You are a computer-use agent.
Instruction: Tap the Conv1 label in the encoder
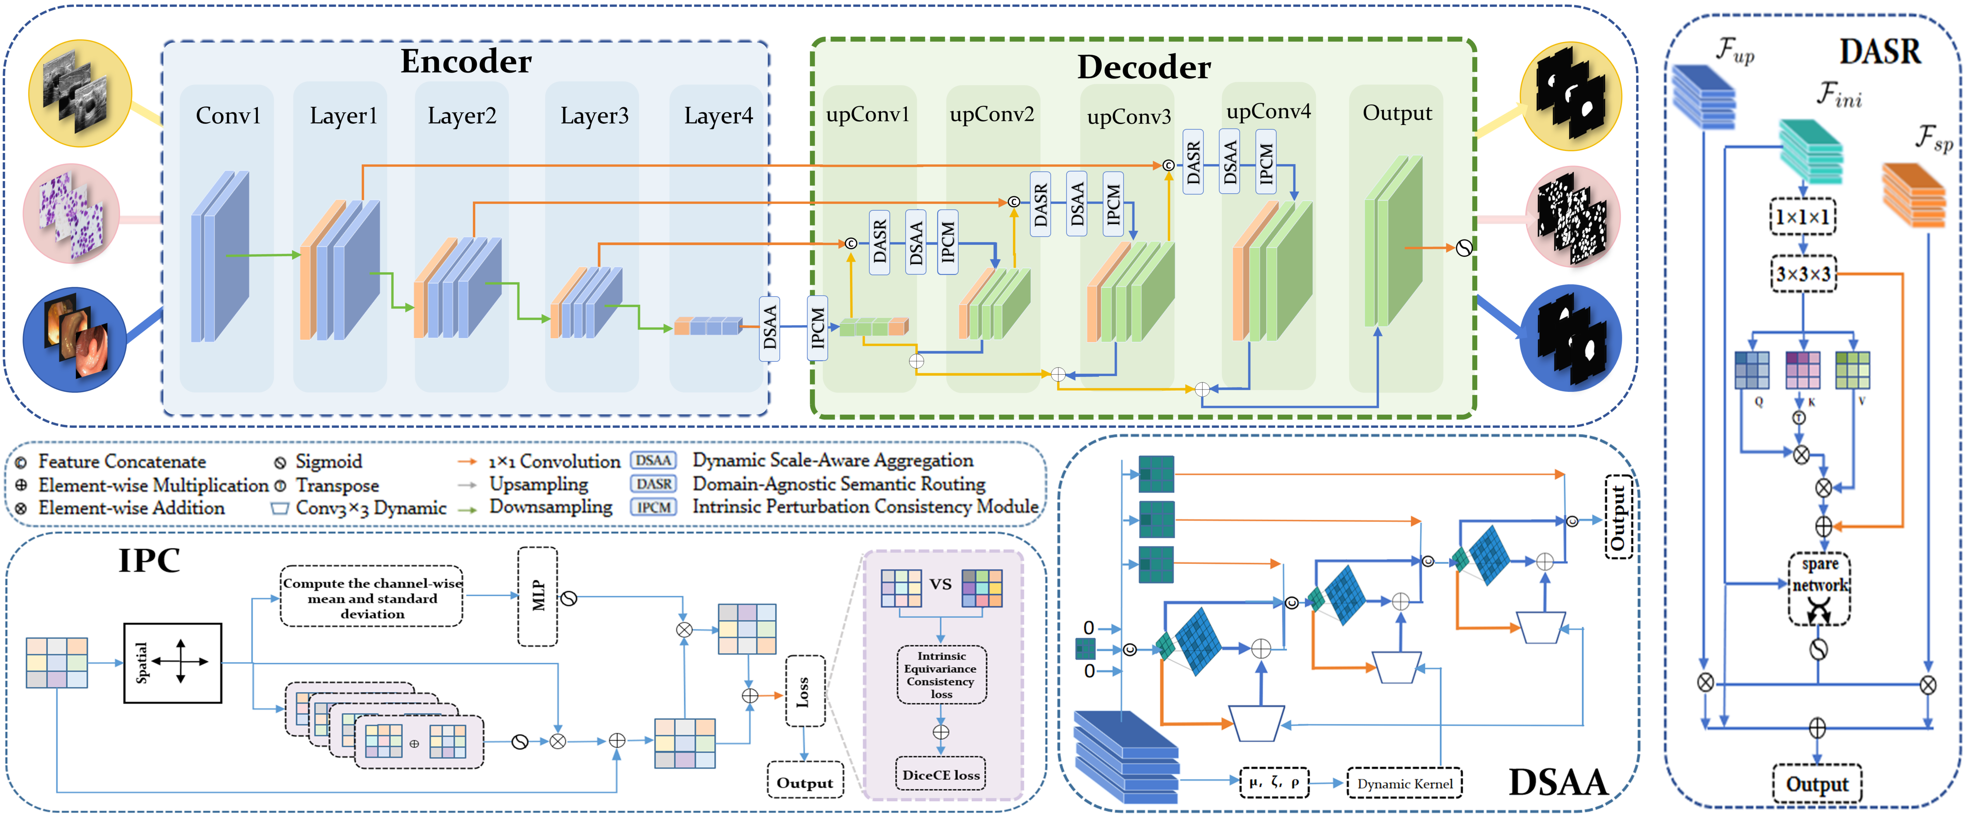point(228,115)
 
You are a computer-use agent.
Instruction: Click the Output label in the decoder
point(1397,113)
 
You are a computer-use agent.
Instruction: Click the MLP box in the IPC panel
point(538,596)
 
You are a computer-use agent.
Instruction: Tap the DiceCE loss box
point(941,774)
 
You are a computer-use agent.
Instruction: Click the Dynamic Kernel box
point(1404,784)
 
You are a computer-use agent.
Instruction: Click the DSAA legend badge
point(653,460)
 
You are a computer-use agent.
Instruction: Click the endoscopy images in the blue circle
point(75,339)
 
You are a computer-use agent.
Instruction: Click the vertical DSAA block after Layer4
point(769,328)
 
